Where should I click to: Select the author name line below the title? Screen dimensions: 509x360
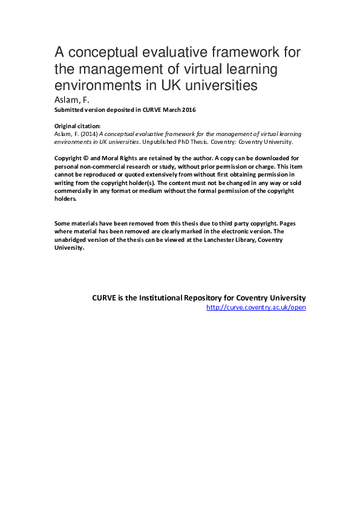coord(71,100)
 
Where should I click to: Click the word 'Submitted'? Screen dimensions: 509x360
coord(69,110)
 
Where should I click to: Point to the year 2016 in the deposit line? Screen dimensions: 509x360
coord(189,110)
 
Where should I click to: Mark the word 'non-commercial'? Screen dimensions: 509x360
coord(99,166)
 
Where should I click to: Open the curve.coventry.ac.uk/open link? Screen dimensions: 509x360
coord(256,308)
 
